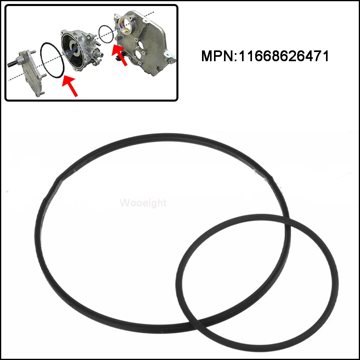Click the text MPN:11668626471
[x=265, y=56]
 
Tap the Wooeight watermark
[x=143, y=203]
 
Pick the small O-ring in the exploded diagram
[x=106, y=34]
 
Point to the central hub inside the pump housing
[x=73, y=49]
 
